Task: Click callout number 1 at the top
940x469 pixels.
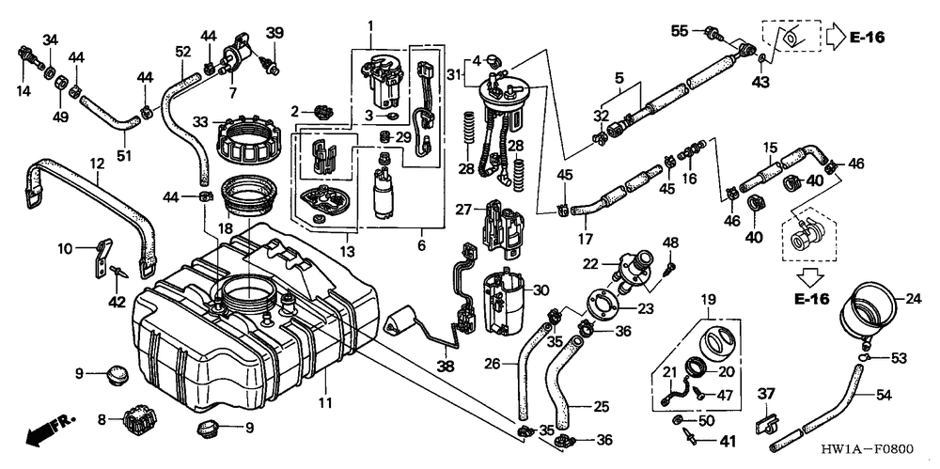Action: (370, 23)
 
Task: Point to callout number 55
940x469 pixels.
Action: (680, 31)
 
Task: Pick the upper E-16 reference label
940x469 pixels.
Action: (866, 39)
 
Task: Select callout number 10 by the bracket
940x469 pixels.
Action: (65, 249)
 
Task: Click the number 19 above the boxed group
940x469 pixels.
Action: (707, 300)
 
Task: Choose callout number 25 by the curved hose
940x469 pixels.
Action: (601, 406)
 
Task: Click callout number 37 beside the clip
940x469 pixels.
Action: (765, 393)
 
